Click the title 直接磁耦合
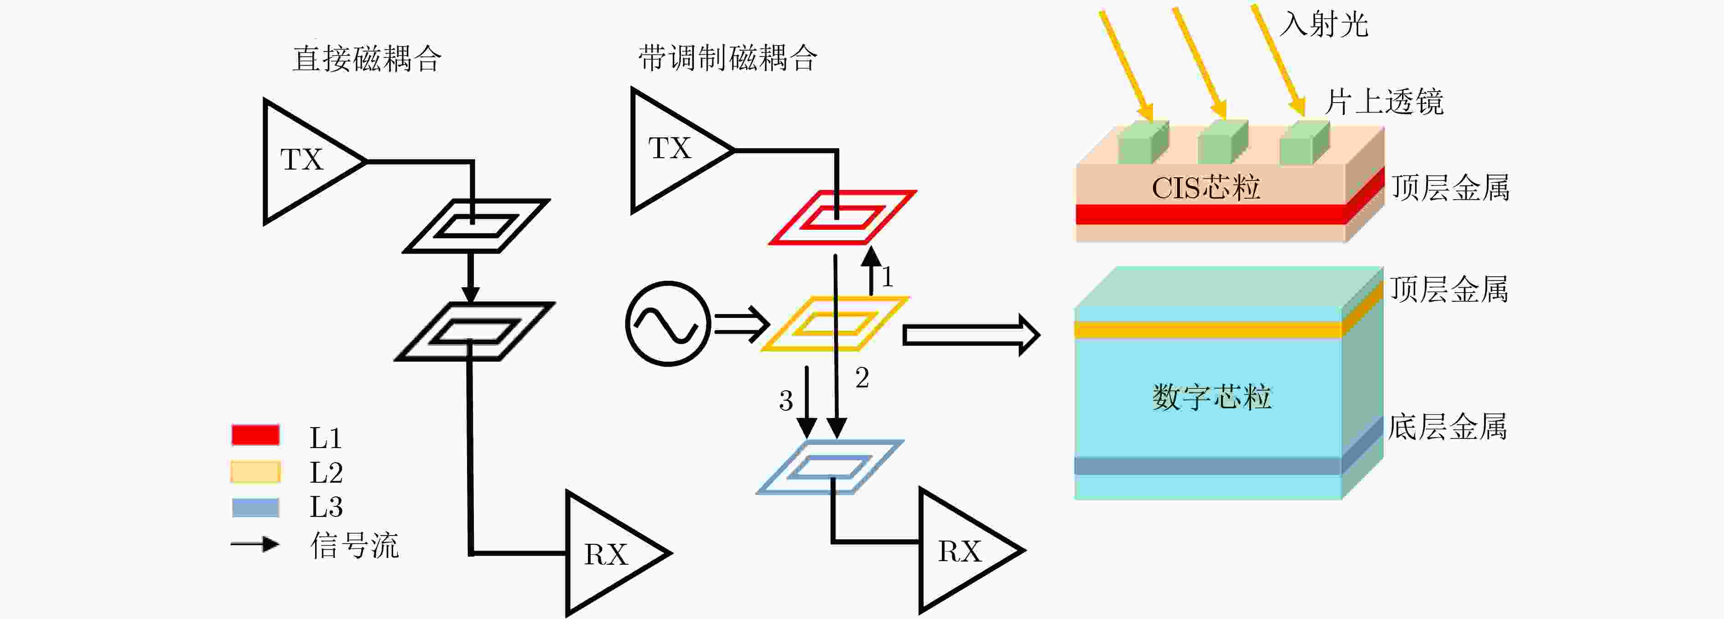tap(367, 59)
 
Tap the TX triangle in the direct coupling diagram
tap(315, 161)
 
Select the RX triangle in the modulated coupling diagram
tap(972, 550)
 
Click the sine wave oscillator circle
tap(668, 324)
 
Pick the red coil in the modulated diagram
tap(841, 217)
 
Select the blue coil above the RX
tap(830, 467)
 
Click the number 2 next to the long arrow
tap(862, 378)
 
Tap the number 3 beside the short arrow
tap(786, 401)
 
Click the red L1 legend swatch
tap(255, 435)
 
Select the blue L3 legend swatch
tap(255, 507)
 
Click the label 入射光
tap(1324, 25)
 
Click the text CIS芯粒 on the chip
tap(1206, 188)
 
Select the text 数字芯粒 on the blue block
tap(1211, 397)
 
